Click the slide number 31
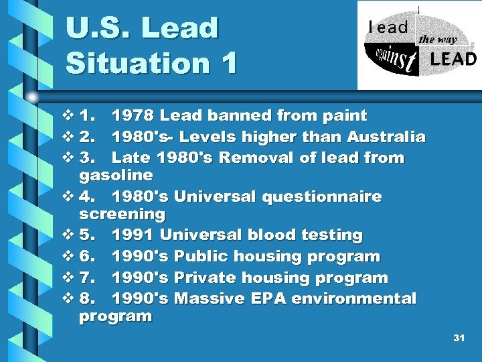click(459, 339)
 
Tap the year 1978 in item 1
click(133, 116)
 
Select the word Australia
click(386, 137)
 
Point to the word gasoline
click(116, 176)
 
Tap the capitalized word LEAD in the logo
click(453, 60)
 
